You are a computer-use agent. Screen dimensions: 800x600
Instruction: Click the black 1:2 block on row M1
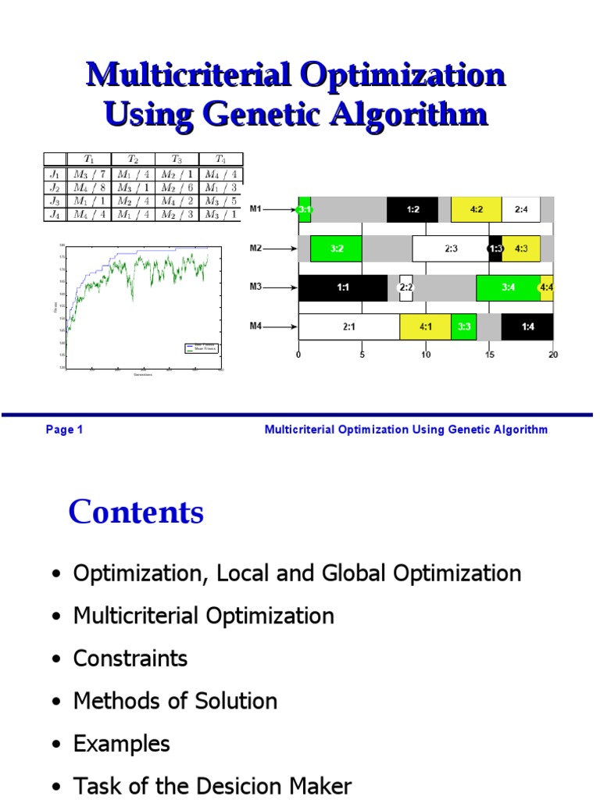pyautogui.click(x=412, y=209)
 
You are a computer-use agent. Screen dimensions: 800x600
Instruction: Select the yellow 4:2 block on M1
pyautogui.click(x=477, y=209)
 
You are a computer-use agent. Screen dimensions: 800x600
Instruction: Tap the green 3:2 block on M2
pyautogui.click(x=336, y=248)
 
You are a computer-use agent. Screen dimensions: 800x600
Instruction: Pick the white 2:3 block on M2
pyautogui.click(x=451, y=248)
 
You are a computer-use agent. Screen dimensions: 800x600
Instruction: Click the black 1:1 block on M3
pyautogui.click(x=343, y=287)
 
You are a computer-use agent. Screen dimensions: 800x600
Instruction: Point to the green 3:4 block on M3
pyautogui.click(x=508, y=287)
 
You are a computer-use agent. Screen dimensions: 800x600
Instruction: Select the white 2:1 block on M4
pyautogui.click(x=348, y=327)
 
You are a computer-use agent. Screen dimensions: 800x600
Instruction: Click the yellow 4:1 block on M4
pyautogui.click(x=425, y=327)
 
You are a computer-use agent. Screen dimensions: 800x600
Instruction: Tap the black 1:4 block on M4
pyautogui.click(x=527, y=327)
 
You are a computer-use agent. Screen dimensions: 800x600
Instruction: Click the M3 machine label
pyautogui.click(x=255, y=287)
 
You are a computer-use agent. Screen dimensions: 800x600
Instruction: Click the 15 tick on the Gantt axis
pyautogui.click(x=490, y=355)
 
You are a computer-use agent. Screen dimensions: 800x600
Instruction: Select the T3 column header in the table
pyautogui.click(x=177, y=159)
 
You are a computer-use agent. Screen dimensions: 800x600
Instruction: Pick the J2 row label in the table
pyautogui.click(x=55, y=187)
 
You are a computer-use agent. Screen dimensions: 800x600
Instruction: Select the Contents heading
pyautogui.click(x=136, y=512)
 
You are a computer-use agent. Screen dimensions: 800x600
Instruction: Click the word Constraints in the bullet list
pyautogui.click(x=130, y=659)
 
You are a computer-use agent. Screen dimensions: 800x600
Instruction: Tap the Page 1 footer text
pyautogui.click(x=64, y=430)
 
